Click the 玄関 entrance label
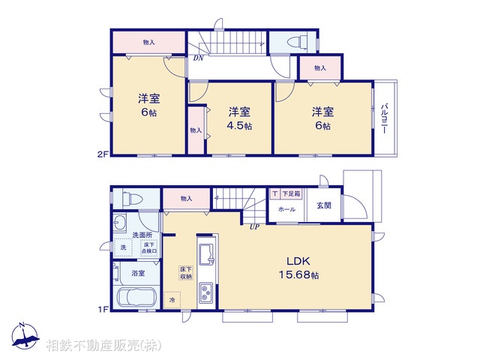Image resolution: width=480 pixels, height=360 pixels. coord(323,205)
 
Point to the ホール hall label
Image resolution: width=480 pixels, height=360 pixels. coord(286,210)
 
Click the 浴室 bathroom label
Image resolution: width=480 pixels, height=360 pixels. coord(138,274)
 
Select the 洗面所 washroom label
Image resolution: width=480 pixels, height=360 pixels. coord(141,235)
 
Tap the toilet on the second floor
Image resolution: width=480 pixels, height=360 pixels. coord(293,41)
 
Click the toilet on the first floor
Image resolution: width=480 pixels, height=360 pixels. coord(131,199)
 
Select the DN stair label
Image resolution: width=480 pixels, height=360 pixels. coord(198,58)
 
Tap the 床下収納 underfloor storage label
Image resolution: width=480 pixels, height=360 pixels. coord(185,272)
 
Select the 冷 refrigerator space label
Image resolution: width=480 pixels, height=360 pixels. coord(172,301)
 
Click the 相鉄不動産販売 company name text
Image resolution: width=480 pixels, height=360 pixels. coord(102,346)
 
